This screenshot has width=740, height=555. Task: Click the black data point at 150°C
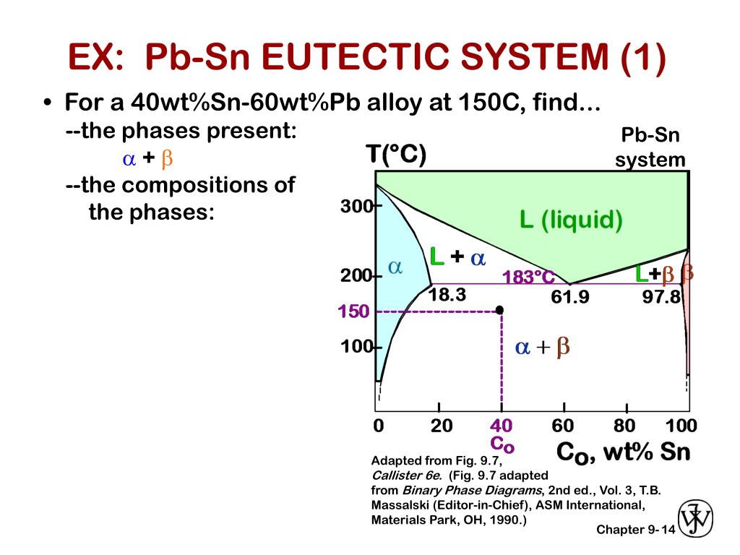(499, 309)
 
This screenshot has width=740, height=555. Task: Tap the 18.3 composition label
(447, 295)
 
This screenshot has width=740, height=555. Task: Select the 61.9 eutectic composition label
(570, 296)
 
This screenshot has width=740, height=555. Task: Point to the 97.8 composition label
(661, 297)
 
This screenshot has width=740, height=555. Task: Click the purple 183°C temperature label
(528, 277)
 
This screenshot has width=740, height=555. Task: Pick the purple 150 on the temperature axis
(353, 311)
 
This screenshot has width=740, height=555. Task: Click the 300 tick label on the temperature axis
(356, 206)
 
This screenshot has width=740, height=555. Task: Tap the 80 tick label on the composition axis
(624, 426)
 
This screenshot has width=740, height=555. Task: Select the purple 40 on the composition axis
(502, 426)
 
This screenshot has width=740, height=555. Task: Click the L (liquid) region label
(571, 220)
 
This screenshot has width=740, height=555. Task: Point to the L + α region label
(457, 257)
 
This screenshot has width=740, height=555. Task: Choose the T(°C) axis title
(396, 155)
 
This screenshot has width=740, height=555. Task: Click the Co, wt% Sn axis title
(623, 452)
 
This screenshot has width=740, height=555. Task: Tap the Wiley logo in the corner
(695, 519)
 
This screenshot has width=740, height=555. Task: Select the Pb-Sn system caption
(650, 147)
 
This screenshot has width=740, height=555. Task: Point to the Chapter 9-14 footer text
(636, 530)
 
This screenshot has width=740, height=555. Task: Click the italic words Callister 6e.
(407, 476)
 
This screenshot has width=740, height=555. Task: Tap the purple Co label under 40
(502, 444)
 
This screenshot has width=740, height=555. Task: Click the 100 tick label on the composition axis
(681, 426)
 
